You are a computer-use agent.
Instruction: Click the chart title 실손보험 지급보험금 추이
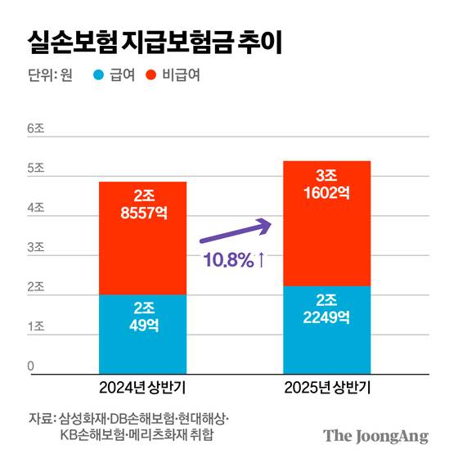155,43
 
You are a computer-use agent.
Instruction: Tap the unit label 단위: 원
50,76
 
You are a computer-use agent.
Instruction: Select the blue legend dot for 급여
98,76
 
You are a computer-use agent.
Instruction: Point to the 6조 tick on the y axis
35,129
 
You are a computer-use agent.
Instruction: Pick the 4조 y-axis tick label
35,209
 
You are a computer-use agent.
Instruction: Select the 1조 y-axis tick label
35,327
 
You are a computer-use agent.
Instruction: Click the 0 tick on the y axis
31,366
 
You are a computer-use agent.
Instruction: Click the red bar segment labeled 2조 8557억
143,238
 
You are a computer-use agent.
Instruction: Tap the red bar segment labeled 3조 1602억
326,223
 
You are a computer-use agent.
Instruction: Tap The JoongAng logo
375,436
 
